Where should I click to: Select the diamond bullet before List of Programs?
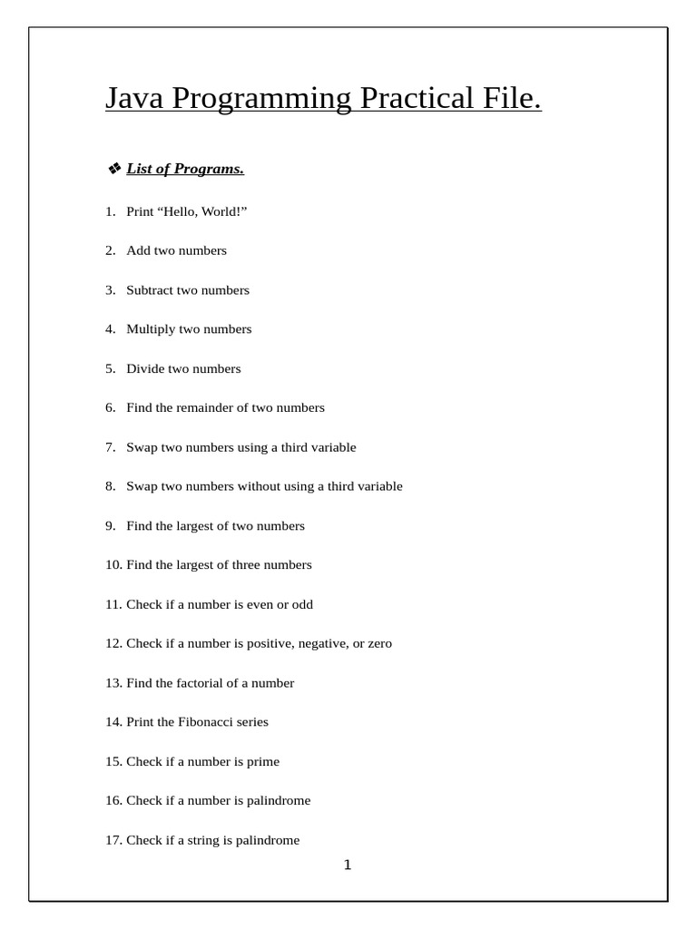(x=114, y=169)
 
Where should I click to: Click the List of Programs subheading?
(x=185, y=169)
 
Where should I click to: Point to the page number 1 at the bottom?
(x=348, y=865)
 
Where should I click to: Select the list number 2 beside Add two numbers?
(x=110, y=250)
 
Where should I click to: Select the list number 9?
(x=110, y=525)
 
